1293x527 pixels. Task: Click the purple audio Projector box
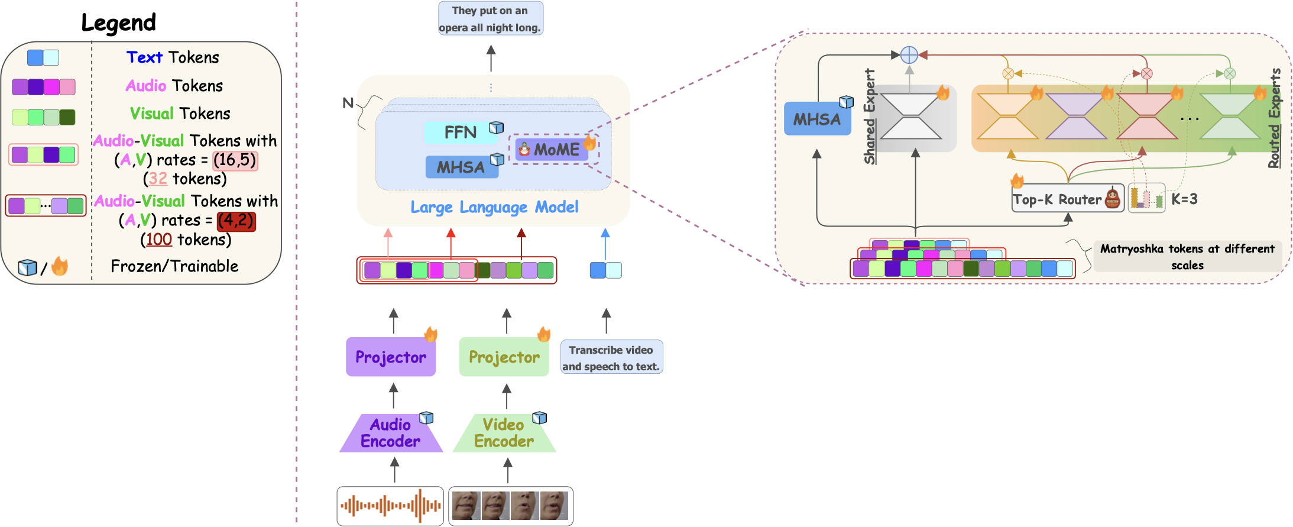pyautogui.click(x=390, y=357)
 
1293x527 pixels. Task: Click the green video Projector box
pyautogui.click(x=504, y=357)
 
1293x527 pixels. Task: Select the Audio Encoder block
pyautogui.click(x=391, y=434)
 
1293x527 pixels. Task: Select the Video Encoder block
pyautogui.click(x=504, y=434)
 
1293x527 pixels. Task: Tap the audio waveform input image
pyautogui.click(x=390, y=506)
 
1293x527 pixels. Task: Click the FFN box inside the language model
pyautogui.click(x=461, y=132)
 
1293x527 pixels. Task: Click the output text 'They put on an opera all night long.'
pyautogui.click(x=490, y=19)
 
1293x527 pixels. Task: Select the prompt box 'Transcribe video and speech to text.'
pyautogui.click(x=611, y=357)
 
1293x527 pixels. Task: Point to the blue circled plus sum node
pyautogui.click(x=909, y=55)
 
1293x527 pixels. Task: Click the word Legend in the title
pyautogui.click(x=118, y=23)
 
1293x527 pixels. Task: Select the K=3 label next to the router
pyautogui.click(x=1184, y=199)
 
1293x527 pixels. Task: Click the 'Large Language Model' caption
pyautogui.click(x=494, y=208)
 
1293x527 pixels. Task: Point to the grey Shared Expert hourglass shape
pyautogui.click(x=911, y=117)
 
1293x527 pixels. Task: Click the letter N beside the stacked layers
pyautogui.click(x=348, y=104)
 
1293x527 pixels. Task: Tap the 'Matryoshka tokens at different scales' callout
pyautogui.click(x=1187, y=257)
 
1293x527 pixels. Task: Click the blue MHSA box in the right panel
pyautogui.click(x=817, y=119)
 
